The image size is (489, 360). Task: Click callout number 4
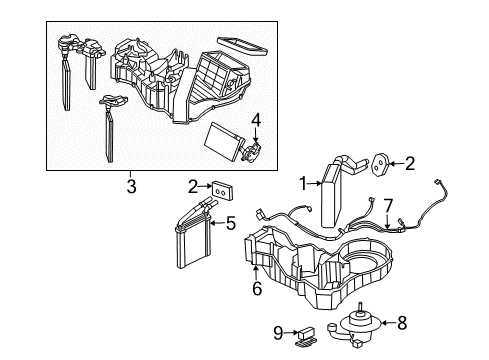pyautogui.click(x=257, y=126)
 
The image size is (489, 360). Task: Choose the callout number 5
pyautogui.click(x=230, y=224)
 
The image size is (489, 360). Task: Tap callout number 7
pyautogui.click(x=389, y=206)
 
